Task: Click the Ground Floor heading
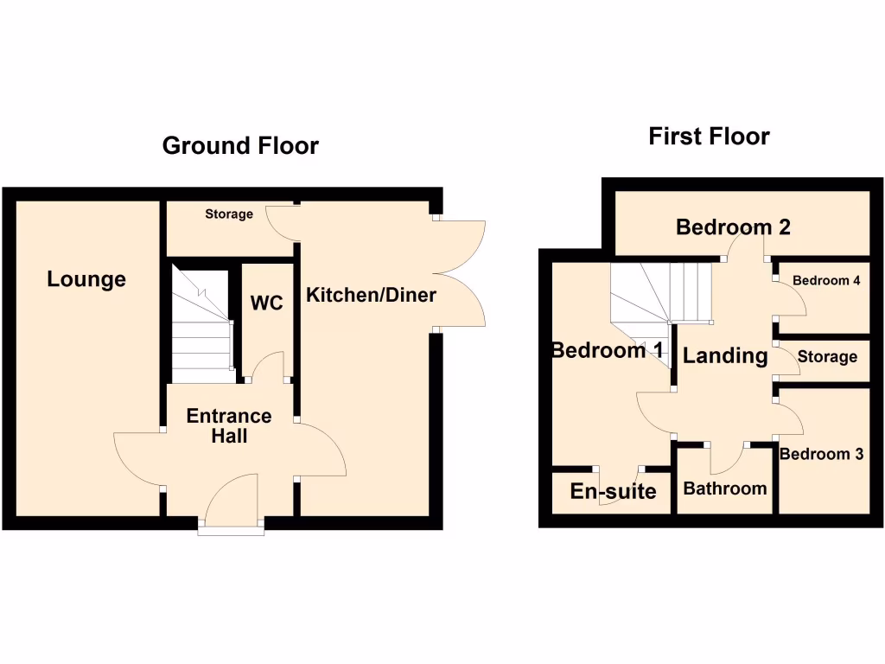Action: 240,145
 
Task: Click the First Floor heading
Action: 709,137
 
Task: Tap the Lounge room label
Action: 86,279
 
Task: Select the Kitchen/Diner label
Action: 371,296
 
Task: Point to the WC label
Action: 266,303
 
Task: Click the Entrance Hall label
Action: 229,425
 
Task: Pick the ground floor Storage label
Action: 229,214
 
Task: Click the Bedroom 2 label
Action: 733,227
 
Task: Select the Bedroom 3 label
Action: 821,454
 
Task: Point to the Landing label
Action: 725,355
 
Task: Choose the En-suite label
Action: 613,492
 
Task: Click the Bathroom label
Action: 724,488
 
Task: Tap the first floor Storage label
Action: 827,356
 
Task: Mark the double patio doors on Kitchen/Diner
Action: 462,272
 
